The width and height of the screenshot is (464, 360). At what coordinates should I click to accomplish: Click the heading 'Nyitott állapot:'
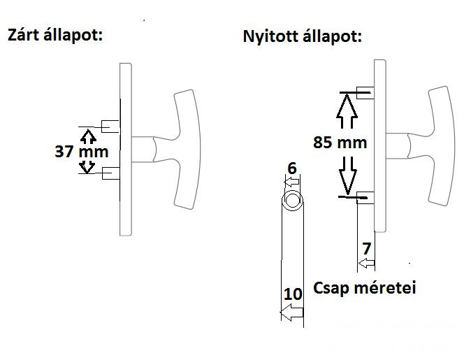click(302, 36)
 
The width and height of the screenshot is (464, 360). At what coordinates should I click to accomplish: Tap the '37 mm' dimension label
click(82, 150)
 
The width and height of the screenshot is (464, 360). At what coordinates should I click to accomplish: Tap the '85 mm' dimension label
click(340, 143)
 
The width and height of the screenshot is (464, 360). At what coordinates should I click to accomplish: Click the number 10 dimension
click(293, 294)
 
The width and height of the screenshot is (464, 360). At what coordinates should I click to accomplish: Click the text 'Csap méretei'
click(365, 288)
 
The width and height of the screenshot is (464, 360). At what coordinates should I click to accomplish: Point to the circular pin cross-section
click(293, 201)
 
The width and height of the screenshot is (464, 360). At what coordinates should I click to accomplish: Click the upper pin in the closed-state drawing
click(110, 127)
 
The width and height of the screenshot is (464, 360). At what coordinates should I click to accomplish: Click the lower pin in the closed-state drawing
click(110, 173)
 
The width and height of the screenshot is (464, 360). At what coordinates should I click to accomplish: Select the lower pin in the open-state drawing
click(365, 197)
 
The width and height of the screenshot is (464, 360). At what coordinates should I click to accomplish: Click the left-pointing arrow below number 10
click(291, 314)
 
